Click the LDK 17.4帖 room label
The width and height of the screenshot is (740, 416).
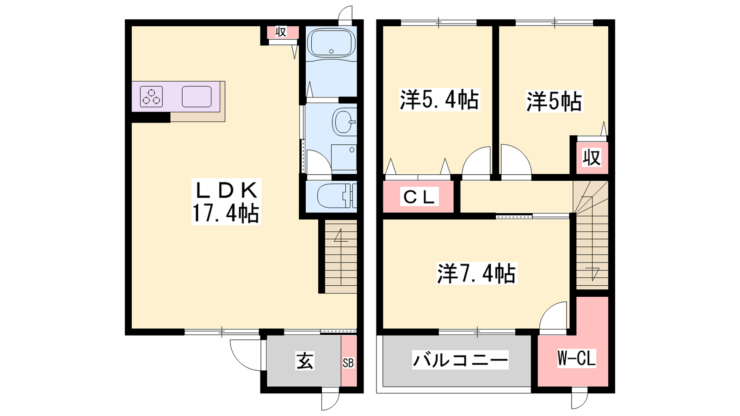(226, 202)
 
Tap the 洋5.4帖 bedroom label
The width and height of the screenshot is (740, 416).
(439, 99)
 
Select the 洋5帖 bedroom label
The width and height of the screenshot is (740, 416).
(554, 101)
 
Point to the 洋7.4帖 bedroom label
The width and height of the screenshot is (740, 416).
(476, 273)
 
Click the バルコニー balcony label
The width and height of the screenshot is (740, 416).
(461, 360)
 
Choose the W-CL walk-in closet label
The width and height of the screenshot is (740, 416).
(576, 358)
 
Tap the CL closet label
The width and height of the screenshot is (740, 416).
(419, 197)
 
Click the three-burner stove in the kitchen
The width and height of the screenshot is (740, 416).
(151, 97)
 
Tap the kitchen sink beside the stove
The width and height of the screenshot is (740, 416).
(197, 97)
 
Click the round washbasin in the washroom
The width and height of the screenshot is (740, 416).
(344, 122)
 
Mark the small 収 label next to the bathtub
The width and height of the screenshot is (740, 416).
(281, 32)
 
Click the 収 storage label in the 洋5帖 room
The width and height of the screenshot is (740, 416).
(592, 158)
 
